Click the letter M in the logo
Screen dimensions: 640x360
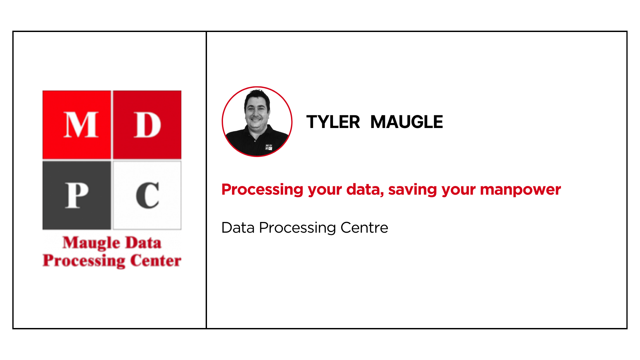(x=81, y=125)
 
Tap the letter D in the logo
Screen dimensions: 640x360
(x=147, y=125)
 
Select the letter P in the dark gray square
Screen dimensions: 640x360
(x=77, y=195)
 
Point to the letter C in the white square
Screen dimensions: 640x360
(x=147, y=195)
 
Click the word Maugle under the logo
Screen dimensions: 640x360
(x=91, y=243)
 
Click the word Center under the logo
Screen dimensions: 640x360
(x=156, y=260)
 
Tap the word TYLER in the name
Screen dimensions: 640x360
(x=333, y=122)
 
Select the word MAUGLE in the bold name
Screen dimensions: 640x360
(x=407, y=122)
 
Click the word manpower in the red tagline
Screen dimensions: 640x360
(x=520, y=190)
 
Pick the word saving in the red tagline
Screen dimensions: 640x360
(x=413, y=190)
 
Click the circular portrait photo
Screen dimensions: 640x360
(x=257, y=122)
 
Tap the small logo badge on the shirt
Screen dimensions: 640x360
(x=269, y=147)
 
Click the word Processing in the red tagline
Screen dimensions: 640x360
(x=262, y=190)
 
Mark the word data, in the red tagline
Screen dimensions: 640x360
(x=365, y=190)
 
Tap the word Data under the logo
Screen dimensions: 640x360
(x=143, y=243)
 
